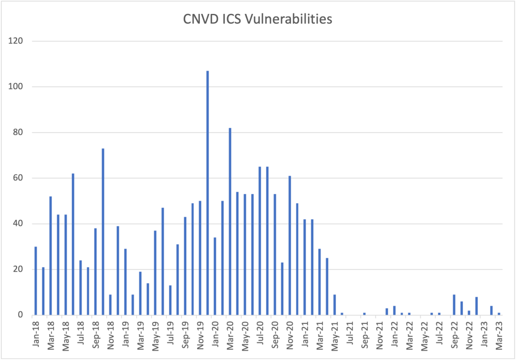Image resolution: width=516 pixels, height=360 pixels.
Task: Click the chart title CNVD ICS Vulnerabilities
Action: click(258, 20)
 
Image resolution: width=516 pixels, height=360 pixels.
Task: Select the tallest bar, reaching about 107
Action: click(207, 193)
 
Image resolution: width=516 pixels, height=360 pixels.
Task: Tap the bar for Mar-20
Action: click(230, 222)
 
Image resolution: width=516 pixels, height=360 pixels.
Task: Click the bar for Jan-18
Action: click(36, 281)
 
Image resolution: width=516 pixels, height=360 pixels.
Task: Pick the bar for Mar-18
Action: click(51, 256)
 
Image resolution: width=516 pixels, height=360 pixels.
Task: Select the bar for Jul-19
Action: click(170, 300)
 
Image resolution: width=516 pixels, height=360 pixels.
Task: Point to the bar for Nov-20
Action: click(289, 246)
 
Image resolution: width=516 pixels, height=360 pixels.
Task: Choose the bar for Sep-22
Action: click(454, 305)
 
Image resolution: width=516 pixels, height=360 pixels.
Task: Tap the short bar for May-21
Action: click(334, 305)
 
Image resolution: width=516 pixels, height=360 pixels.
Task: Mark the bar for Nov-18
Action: click(110, 305)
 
